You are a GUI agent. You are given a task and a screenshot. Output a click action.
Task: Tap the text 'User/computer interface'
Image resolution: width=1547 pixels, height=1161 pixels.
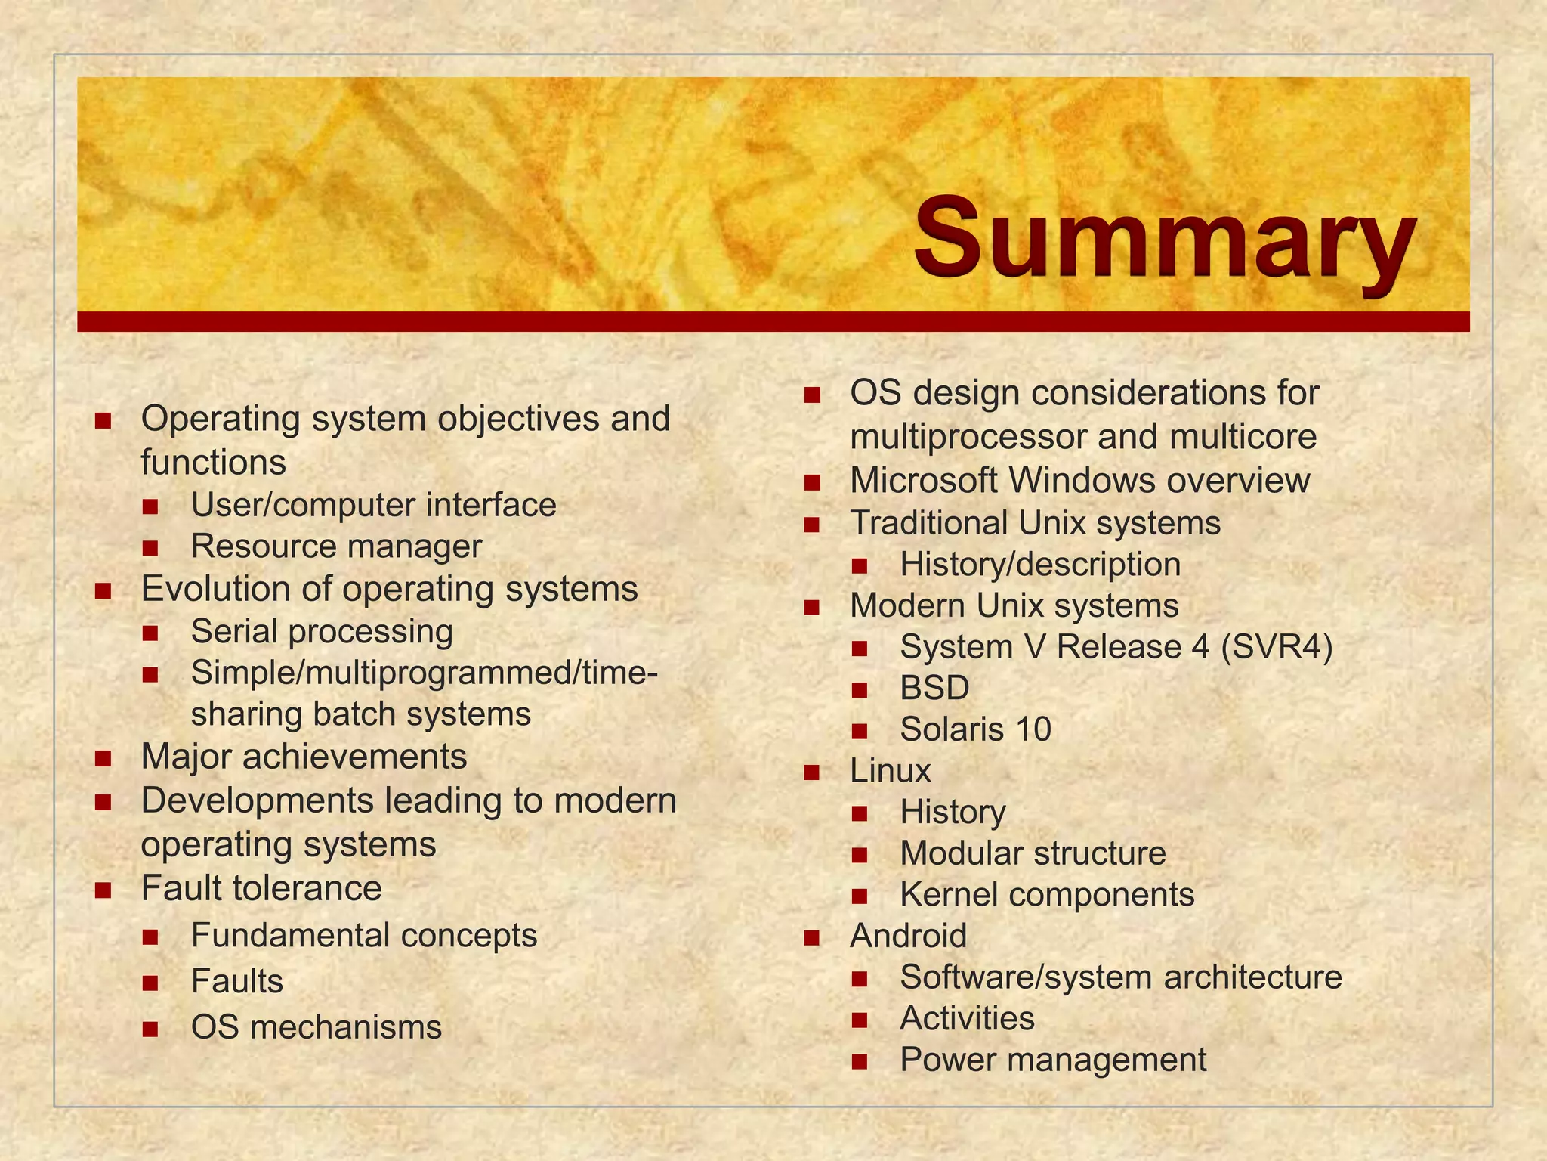[x=373, y=505]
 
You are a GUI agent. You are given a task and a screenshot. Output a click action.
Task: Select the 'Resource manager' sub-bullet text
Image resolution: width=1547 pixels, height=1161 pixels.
[x=336, y=546]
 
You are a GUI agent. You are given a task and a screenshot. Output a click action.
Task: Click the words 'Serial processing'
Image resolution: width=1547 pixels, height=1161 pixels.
[x=322, y=631]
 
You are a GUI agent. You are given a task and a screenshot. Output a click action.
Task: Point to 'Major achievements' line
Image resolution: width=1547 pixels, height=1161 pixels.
[x=304, y=757]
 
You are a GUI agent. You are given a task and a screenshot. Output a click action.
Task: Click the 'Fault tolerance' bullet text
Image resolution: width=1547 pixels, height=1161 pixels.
[x=261, y=888]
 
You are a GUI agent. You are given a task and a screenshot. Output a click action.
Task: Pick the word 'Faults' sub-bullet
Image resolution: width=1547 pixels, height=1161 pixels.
[x=237, y=981]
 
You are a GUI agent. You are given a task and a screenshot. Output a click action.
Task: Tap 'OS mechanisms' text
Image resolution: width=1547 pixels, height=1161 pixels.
[x=316, y=1027]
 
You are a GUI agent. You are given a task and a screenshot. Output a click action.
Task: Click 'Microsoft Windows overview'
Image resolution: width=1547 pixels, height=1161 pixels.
[x=1079, y=481]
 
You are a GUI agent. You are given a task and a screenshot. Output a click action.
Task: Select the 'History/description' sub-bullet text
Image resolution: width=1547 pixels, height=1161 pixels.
[x=1040, y=565]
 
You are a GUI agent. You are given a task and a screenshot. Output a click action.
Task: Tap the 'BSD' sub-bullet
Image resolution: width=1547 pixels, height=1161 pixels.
[x=934, y=688]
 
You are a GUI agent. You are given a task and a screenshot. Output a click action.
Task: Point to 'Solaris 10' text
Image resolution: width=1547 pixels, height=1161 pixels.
[x=975, y=729]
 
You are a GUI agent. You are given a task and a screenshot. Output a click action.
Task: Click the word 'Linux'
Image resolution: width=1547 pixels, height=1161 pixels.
[x=890, y=771]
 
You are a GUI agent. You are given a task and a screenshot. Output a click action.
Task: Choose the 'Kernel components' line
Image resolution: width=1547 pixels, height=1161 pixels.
[x=1047, y=895]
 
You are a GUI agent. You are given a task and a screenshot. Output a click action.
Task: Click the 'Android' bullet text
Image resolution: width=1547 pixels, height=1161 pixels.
[x=908, y=936]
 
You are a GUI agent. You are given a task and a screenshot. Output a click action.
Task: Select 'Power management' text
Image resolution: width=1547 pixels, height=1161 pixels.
[x=1053, y=1060]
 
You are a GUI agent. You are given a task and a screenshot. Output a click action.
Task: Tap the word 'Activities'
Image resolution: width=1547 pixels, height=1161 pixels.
[x=967, y=1018]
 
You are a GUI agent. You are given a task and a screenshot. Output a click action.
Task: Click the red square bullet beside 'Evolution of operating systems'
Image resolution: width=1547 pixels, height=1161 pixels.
[x=103, y=590]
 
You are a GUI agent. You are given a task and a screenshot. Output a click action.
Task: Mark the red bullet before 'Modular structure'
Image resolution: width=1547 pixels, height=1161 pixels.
[x=859, y=855]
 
